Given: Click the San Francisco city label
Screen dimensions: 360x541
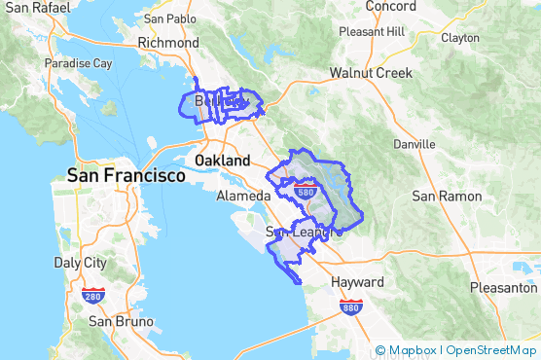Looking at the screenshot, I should (x=126, y=176).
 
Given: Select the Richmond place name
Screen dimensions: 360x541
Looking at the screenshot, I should (x=168, y=43).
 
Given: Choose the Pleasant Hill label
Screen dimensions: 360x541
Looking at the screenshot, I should (x=371, y=31).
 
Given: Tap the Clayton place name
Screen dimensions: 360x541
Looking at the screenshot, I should (x=460, y=38).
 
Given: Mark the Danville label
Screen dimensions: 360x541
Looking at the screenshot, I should (x=414, y=144).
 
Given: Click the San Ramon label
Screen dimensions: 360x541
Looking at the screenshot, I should (x=447, y=196).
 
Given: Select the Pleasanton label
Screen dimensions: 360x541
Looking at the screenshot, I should (x=503, y=288).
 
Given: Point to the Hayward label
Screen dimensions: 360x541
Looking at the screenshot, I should (x=358, y=282).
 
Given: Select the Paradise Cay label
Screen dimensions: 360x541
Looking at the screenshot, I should (x=79, y=64).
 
